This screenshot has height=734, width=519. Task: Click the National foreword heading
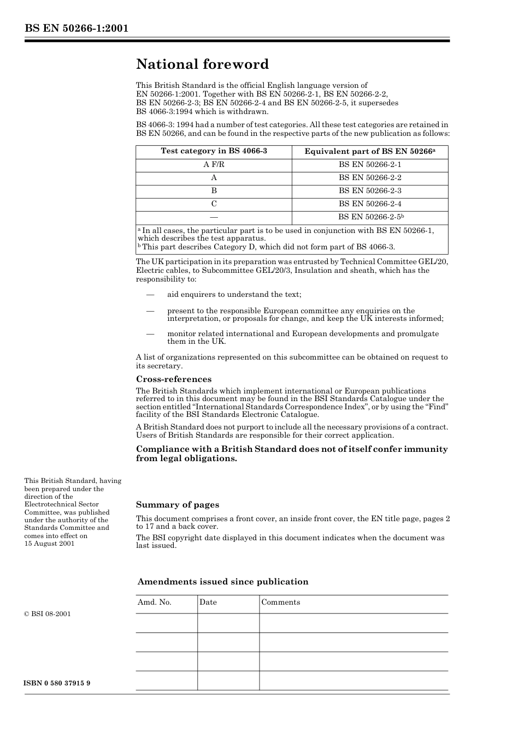(x=202, y=64)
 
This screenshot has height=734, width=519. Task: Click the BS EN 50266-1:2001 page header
(x=76, y=28)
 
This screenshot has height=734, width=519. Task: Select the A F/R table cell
(x=214, y=165)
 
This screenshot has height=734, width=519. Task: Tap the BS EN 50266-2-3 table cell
(x=370, y=191)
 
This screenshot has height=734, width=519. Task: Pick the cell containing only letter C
(x=214, y=204)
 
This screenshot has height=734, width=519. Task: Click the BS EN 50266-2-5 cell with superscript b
(x=370, y=217)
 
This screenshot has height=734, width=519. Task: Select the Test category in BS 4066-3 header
(x=214, y=151)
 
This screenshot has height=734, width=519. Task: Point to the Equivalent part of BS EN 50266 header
(x=370, y=152)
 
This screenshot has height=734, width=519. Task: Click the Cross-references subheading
(x=173, y=379)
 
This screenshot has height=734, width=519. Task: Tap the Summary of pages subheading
(x=177, y=505)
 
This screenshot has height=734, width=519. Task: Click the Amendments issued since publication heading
(x=222, y=582)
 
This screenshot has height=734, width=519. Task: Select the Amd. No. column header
(x=154, y=602)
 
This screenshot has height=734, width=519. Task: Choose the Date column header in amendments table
(x=208, y=602)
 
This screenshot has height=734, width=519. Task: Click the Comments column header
(x=280, y=602)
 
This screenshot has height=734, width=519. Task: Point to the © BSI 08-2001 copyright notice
(x=48, y=614)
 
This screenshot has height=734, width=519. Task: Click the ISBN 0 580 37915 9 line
(x=57, y=683)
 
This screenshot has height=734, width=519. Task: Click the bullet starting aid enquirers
(x=234, y=295)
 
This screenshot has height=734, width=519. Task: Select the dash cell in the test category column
(x=214, y=217)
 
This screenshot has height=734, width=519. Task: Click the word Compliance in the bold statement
(x=160, y=449)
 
